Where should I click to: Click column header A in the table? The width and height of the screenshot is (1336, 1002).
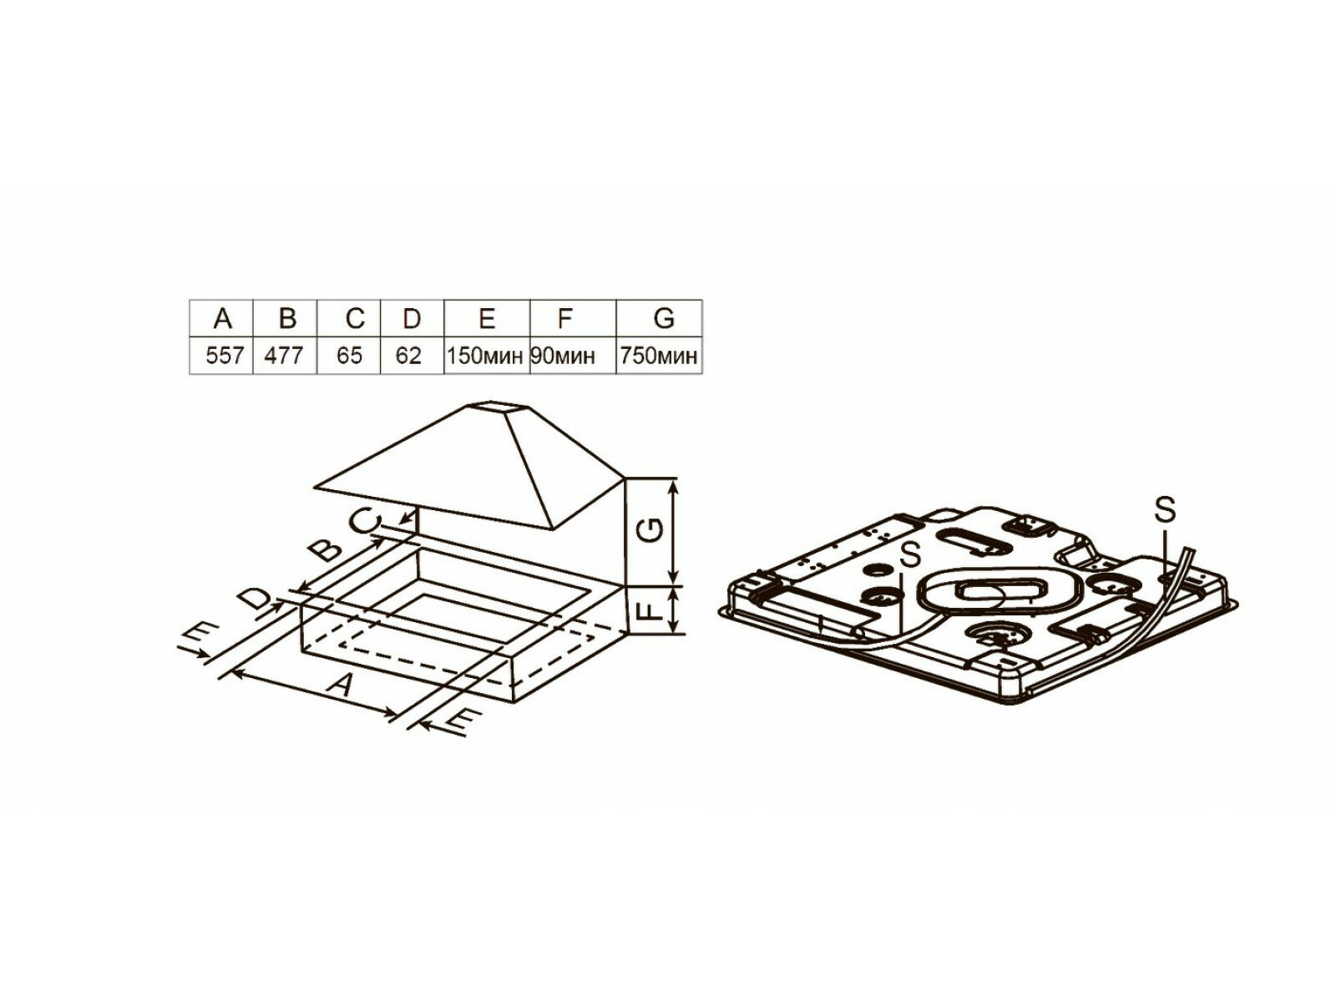coord(222,318)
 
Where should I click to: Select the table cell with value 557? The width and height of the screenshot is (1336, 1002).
coord(224,356)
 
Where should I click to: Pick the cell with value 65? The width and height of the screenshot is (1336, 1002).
coord(350,356)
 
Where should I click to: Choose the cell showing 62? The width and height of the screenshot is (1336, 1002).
coord(411,356)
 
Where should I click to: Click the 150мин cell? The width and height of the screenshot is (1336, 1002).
coord(487,356)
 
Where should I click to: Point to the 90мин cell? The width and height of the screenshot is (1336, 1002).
coord(564,356)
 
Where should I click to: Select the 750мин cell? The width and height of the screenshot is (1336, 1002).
coord(659,356)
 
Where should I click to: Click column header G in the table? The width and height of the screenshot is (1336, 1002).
coord(663,318)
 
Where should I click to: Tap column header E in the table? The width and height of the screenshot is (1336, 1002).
coord(487,318)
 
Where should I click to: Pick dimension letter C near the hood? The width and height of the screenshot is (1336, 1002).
coord(365,522)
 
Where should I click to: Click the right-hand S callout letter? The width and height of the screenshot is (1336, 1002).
coord(1166,509)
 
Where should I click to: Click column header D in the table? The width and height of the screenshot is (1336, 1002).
coord(411,318)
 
